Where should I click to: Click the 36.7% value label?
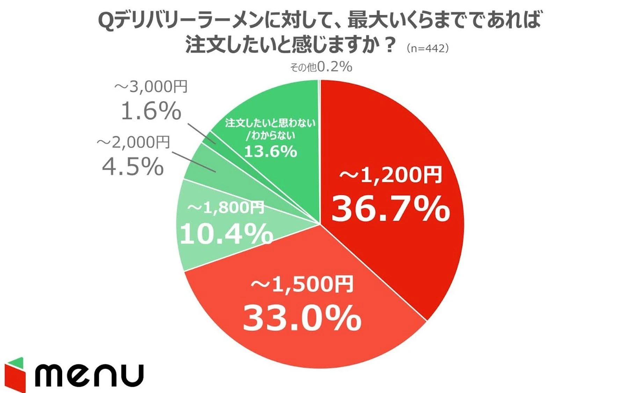(390, 209)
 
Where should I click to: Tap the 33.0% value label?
(302, 318)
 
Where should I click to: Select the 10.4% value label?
(226, 233)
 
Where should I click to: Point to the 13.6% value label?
(270, 151)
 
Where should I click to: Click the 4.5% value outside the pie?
(133, 166)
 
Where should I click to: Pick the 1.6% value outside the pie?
(151, 111)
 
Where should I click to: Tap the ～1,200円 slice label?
(390, 175)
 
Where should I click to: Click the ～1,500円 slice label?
(302, 284)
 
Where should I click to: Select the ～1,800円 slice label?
(226, 208)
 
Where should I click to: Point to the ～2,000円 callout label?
(133, 142)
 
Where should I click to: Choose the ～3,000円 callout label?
(151, 86)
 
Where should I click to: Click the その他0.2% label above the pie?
(321, 66)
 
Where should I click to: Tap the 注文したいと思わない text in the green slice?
(270, 123)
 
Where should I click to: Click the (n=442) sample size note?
(428, 48)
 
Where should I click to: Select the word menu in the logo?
(89, 375)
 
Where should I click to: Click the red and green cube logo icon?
(15, 374)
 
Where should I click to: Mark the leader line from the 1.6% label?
(202, 133)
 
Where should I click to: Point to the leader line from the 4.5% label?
(193, 161)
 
